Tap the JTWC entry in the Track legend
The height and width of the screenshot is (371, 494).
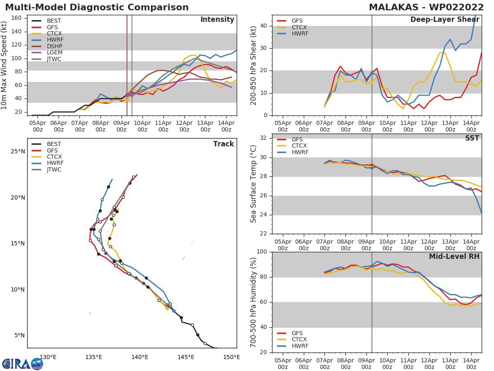(47, 169)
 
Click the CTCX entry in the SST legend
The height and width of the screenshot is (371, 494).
(292, 146)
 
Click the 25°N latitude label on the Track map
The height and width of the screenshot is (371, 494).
(18, 151)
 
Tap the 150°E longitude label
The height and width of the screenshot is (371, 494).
(232, 357)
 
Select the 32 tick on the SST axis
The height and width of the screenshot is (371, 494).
(263, 138)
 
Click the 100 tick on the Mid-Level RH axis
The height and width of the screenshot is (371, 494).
(262, 251)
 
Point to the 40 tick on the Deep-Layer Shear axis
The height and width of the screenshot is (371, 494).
(263, 26)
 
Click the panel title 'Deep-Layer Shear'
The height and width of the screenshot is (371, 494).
(445, 20)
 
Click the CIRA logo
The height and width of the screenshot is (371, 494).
(23, 364)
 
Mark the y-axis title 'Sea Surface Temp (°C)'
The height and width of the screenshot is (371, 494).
(253, 184)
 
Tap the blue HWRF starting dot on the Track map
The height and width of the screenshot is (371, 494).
(174, 311)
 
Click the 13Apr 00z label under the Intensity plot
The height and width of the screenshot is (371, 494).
(205, 126)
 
